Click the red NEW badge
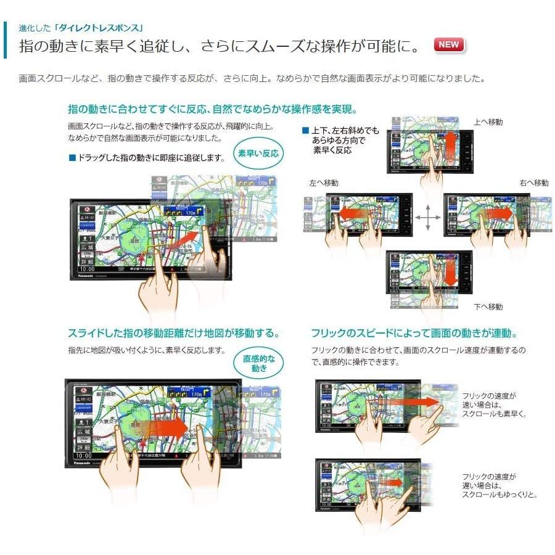pyautogui.click(x=449, y=44)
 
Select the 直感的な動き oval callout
pyautogui.click(x=260, y=363)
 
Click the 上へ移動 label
pyautogui.click(x=488, y=122)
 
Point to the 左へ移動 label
pyautogui.click(x=324, y=183)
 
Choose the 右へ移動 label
pyautogui.click(x=533, y=183)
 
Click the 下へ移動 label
pyautogui.click(x=488, y=306)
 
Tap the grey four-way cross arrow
pyautogui.click(x=427, y=218)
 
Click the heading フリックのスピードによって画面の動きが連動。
pyautogui.click(x=414, y=334)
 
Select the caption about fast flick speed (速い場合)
pyautogui.click(x=494, y=405)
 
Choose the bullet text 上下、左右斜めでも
pyautogui.click(x=345, y=131)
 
